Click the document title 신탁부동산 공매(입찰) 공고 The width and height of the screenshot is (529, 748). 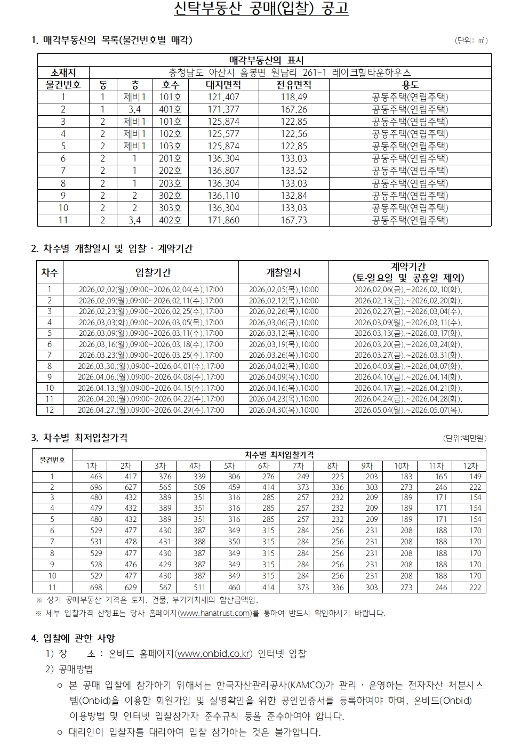point(261,10)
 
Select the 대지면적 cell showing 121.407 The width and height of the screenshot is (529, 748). point(223,97)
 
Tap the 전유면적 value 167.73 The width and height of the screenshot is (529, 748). point(294,220)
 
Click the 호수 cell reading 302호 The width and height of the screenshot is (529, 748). point(170,196)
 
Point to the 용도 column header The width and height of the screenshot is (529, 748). point(410,85)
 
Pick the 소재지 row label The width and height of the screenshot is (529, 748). point(63,73)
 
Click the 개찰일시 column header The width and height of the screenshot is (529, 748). point(283,272)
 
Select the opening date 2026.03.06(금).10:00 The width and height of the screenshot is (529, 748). point(284,323)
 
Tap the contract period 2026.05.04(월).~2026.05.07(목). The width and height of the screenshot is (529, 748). point(408,410)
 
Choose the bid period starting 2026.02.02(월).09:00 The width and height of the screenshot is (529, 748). point(151,289)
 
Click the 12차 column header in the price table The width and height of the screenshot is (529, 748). point(470,466)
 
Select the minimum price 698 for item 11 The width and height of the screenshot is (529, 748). point(96,588)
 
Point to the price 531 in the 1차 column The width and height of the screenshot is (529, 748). point(96,542)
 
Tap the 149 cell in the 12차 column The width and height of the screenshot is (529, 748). point(475,477)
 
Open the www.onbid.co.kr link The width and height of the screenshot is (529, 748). point(213,654)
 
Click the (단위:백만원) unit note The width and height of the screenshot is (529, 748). point(465,438)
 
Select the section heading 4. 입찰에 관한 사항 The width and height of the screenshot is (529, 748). point(73,638)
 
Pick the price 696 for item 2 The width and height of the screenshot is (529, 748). point(96,487)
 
